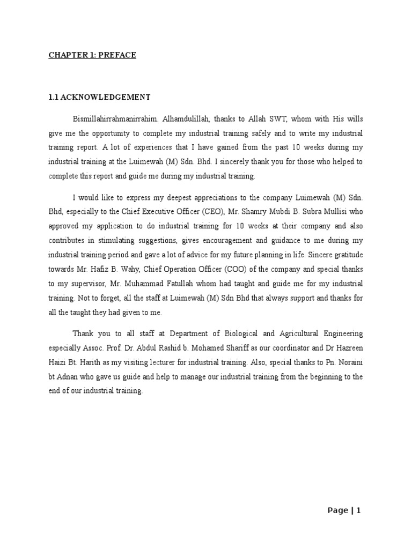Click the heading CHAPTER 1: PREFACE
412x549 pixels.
coord(93,55)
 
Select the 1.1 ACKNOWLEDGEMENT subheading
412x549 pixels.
coord(99,97)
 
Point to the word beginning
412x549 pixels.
coord(323,377)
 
